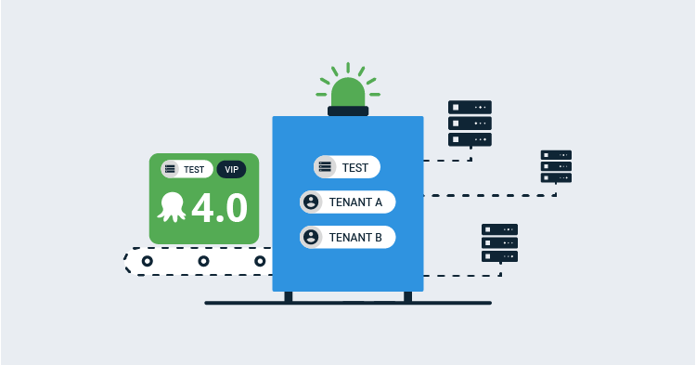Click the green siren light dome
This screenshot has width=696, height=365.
348,92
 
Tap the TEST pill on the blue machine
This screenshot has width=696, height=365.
347,167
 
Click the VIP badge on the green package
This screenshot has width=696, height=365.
231,169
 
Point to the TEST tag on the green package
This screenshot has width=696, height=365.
185,169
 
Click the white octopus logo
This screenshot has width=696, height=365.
174,207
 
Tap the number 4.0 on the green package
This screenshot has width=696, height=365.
220,207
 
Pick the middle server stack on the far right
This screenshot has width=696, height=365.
556,165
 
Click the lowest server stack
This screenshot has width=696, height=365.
499,243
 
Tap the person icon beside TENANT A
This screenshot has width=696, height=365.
311,202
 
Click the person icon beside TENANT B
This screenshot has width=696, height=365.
311,237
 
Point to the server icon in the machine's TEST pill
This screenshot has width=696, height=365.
325,167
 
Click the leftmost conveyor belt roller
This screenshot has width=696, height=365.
147,262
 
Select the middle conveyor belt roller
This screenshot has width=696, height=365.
203,262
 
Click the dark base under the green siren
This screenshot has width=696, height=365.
348,111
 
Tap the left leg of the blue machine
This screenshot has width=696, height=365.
289,296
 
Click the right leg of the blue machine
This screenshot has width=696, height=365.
407,296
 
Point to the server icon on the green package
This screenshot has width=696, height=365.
170,169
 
